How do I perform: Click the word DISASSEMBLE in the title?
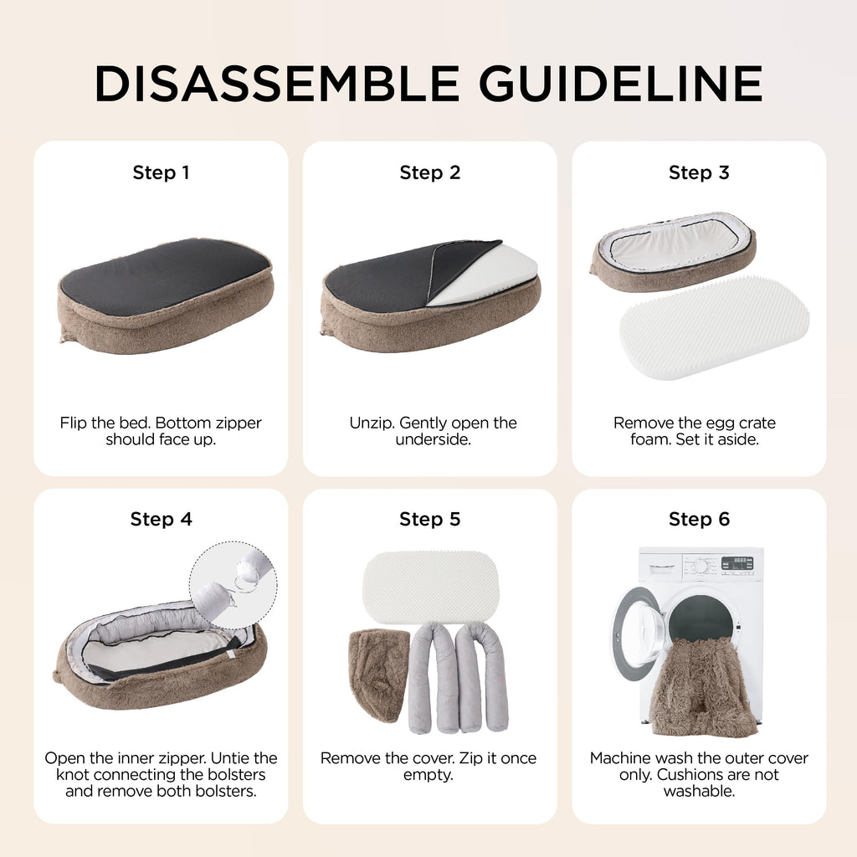(x=276, y=84)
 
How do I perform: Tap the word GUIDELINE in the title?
(x=620, y=84)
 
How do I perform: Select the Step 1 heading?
(x=161, y=172)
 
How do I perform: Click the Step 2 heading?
(x=430, y=172)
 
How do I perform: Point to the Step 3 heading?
(x=699, y=172)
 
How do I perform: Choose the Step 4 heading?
(x=162, y=519)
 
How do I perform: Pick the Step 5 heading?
(x=430, y=519)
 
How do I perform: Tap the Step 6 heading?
(x=699, y=519)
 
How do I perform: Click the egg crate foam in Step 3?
(x=714, y=327)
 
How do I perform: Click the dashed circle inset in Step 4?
(x=233, y=585)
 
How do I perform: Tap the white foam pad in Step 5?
(x=431, y=588)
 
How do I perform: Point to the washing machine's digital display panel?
(x=736, y=564)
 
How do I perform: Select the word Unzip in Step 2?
(x=372, y=423)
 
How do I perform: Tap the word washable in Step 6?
(x=699, y=791)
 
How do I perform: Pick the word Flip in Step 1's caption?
(x=74, y=423)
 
